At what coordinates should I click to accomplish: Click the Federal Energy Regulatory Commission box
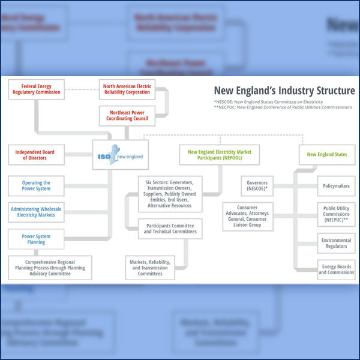[x=36, y=89]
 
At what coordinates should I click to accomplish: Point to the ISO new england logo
[x=119, y=157]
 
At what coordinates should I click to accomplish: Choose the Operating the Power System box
[x=36, y=186]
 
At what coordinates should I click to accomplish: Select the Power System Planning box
[x=36, y=239]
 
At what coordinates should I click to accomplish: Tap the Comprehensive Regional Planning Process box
[x=50, y=267]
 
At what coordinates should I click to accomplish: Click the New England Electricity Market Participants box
[x=220, y=155]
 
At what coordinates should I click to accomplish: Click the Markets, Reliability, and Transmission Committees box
[x=150, y=267]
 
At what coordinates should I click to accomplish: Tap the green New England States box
[x=327, y=155]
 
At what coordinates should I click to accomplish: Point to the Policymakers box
[x=336, y=186]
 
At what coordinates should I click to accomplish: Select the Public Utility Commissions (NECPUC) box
[x=336, y=214]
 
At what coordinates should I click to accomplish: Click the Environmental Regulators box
[x=336, y=243]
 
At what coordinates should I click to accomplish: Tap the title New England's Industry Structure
[x=284, y=91]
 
